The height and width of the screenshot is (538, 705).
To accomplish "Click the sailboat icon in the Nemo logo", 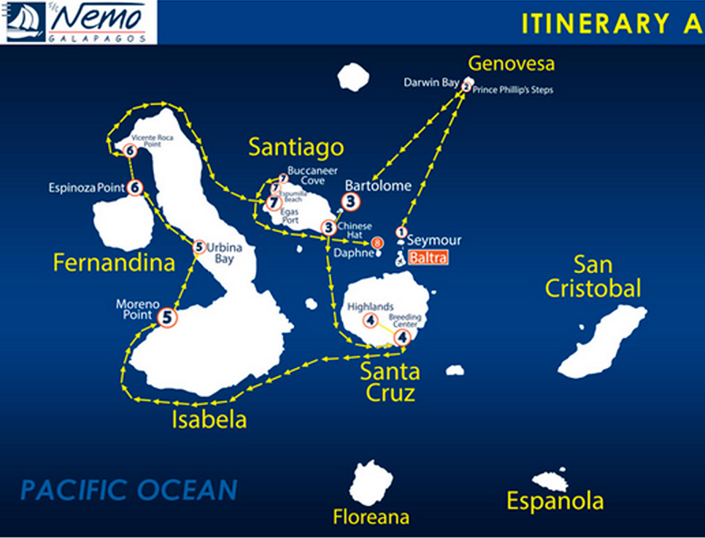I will [25, 21].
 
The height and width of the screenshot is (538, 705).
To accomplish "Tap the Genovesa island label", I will [511, 64].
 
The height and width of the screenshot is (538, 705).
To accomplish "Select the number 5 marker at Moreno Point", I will [168, 318].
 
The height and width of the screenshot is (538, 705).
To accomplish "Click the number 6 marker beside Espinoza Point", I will [135, 188].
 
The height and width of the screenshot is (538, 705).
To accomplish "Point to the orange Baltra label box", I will [428, 258].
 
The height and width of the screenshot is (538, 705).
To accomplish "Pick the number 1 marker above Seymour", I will [401, 232].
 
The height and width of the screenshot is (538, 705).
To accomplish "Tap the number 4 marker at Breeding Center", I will [402, 337].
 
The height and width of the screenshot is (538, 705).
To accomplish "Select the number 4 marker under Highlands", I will [371, 320].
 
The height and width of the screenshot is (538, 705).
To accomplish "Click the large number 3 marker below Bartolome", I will [351, 201].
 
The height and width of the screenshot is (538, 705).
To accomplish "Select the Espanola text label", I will [555, 502].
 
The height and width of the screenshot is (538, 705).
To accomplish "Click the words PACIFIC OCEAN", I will [129, 490].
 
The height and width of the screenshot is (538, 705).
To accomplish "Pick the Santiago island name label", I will [296, 147].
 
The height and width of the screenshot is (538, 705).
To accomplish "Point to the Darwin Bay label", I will [431, 82].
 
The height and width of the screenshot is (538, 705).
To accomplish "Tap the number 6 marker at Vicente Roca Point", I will [130, 151].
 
